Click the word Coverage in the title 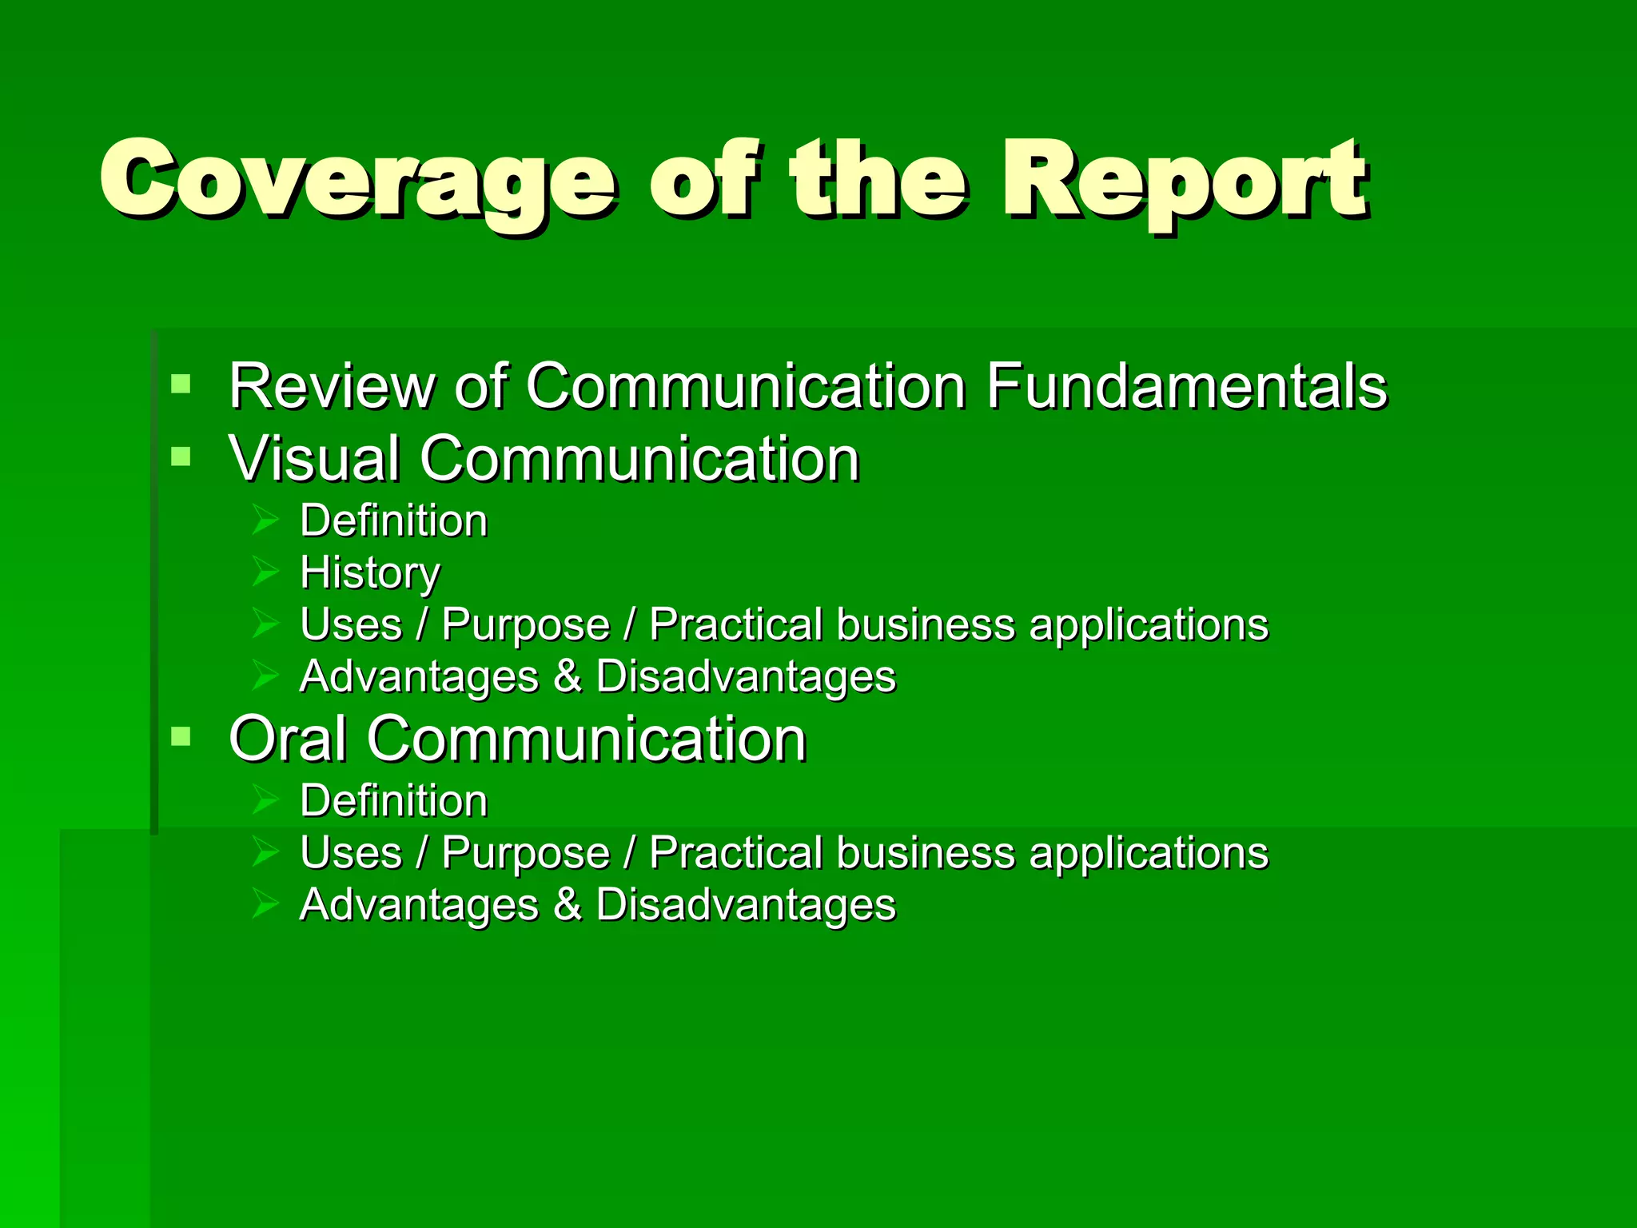click(x=358, y=180)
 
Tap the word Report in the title click(x=1185, y=180)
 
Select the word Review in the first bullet click(x=331, y=387)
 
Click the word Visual click(x=313, y=459)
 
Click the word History click(x=369, y=573)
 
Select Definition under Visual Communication click(x=393, y=521)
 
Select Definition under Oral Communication click(x=393, y=801)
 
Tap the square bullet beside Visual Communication click(x=181, y=457)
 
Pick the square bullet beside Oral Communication click(x=181, y=736)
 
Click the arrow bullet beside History click(x=265, y=572)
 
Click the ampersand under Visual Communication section click(x=567, y=676)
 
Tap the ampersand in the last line click(x=567, y=904)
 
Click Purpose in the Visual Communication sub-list click(x=525, y=624)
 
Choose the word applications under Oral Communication click(x=1148, y=854)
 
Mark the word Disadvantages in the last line click(x=746, y=905)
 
